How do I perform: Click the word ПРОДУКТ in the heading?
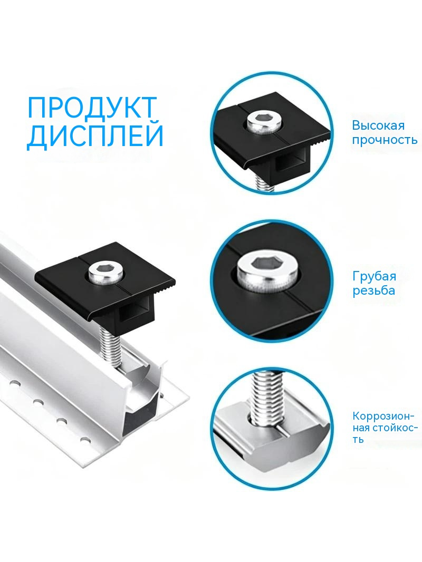[92, 107]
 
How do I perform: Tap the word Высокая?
[378, 125]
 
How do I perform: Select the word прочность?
[385, 140]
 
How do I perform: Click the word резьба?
[373, 290]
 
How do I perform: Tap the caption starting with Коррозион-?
[385, 428]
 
